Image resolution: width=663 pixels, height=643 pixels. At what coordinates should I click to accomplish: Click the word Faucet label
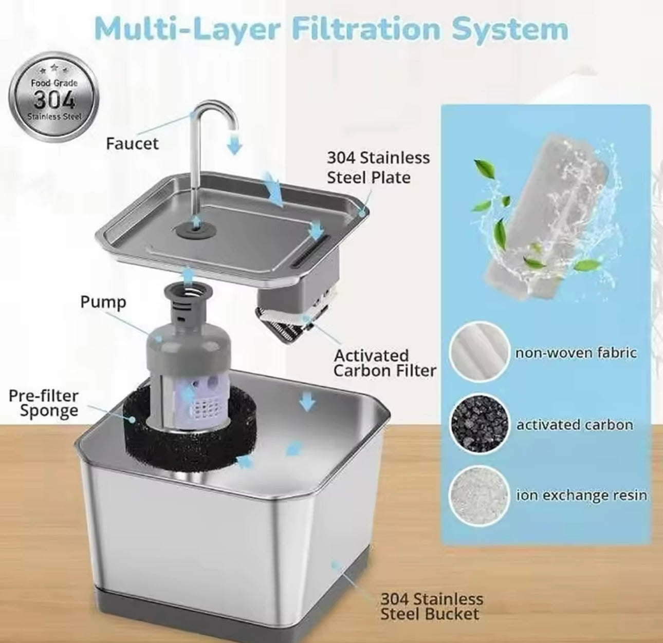132,144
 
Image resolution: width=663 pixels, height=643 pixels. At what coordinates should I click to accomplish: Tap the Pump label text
103,302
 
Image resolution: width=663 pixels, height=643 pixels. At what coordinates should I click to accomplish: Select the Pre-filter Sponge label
44,403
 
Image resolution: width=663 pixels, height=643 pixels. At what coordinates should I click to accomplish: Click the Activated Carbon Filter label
384,363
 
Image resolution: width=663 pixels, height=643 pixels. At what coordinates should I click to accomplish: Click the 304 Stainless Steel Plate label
378,167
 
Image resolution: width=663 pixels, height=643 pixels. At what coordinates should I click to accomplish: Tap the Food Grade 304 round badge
54,97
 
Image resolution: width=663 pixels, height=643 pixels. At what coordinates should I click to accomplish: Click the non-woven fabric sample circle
479,352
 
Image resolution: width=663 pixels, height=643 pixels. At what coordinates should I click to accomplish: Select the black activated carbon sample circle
479,424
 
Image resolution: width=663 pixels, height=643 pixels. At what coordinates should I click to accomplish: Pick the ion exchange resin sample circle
479,496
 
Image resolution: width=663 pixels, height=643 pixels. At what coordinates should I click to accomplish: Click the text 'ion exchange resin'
582,495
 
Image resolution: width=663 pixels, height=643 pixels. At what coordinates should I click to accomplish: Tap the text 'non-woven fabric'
576,353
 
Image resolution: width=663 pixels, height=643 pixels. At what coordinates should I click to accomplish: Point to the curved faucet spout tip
233,128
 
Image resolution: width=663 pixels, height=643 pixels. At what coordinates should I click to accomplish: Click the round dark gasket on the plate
195,231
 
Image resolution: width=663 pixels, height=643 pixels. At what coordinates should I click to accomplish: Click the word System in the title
510,30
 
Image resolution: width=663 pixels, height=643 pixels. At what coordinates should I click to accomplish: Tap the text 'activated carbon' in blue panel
575,424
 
